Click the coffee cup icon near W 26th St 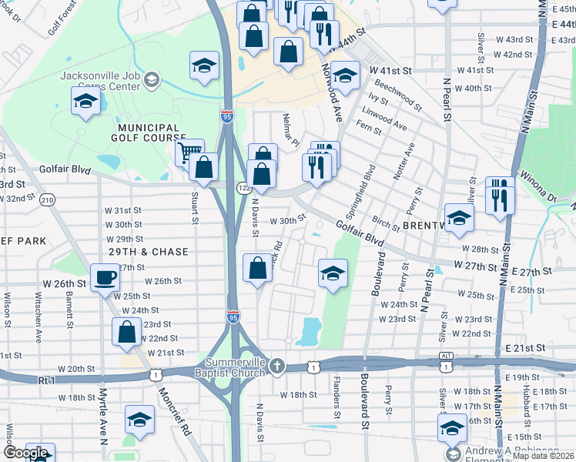coord(104,277)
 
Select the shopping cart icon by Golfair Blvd coord(189,151)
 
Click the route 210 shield coord(48,200)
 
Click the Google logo coord(26,453)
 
